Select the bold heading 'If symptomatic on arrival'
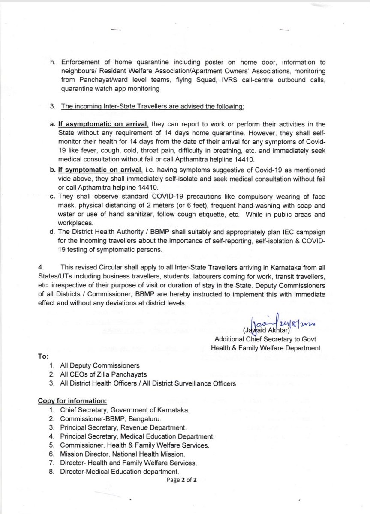tap(102, 170)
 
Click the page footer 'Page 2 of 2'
tap(182, 480)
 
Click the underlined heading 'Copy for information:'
tap(72, 401)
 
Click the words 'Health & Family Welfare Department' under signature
tap(265, 348)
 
